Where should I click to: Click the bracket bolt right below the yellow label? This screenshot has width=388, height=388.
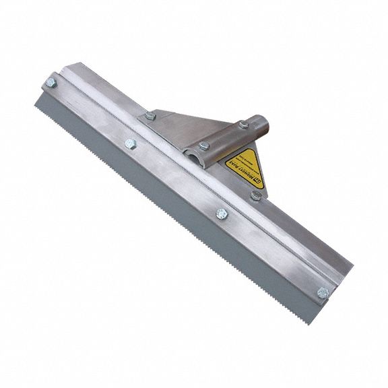click(255, 195)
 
